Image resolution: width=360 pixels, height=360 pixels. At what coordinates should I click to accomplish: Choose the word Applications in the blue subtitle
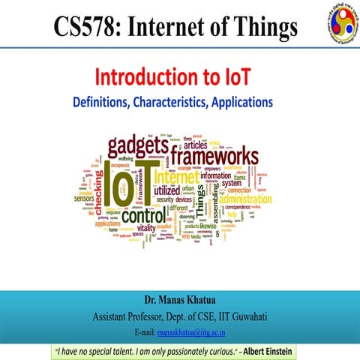click(x=251, y=99)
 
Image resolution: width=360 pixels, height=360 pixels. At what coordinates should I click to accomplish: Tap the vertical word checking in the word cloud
click(x=95, y=191)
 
